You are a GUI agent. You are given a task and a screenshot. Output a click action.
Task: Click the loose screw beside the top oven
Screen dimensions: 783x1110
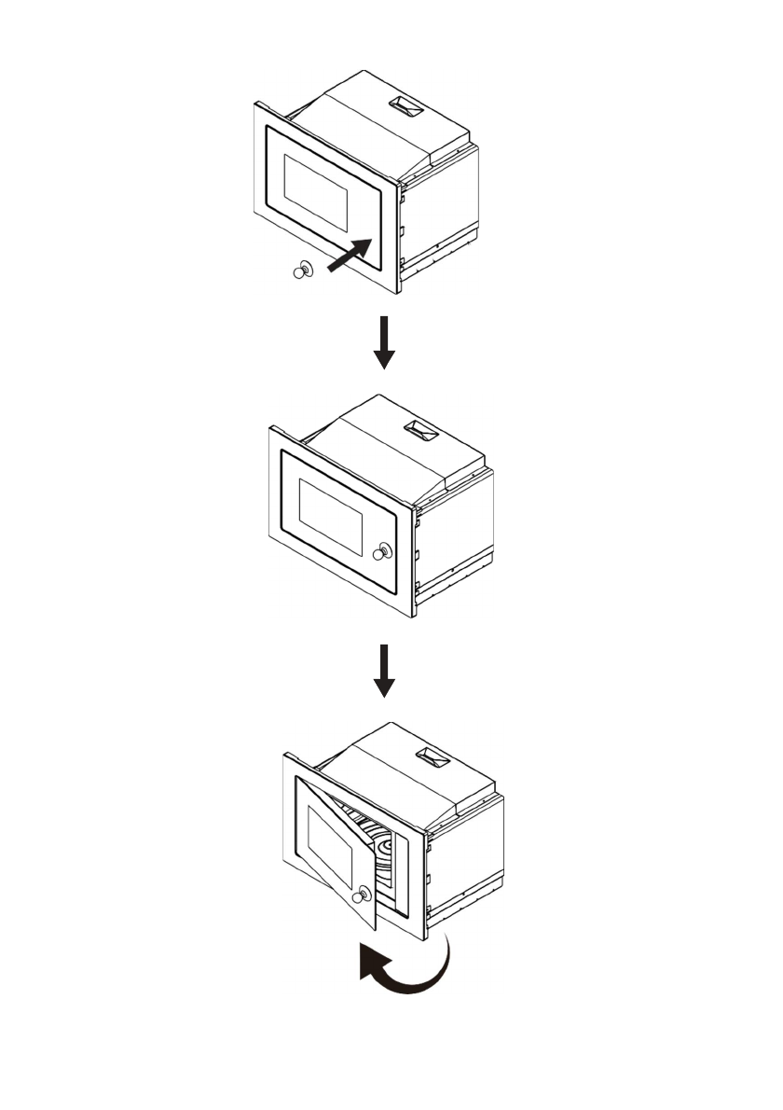(303, 271)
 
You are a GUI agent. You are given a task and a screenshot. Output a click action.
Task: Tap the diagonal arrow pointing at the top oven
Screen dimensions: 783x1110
(351, 256)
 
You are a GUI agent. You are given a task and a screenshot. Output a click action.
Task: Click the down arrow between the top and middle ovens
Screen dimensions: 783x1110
(384, 343)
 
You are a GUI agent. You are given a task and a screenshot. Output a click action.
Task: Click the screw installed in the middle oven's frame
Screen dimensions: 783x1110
(381, 552)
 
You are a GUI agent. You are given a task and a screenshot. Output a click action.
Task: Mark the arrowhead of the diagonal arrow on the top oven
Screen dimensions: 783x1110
(365, 246)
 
